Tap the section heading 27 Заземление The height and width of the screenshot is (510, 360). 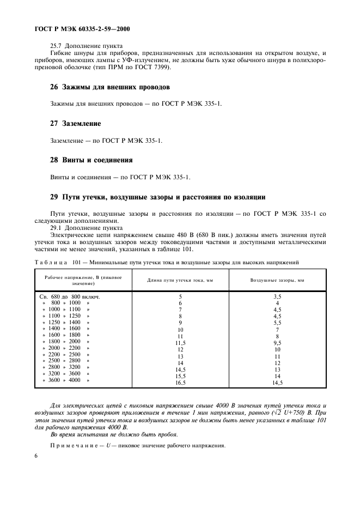[x=75, y=124]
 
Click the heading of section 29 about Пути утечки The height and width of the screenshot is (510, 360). [x=157, y=197]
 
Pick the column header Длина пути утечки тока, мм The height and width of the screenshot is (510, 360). [x=180, y=280]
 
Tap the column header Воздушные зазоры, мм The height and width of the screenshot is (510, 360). [x=277, y=280]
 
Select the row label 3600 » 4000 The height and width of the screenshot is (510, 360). [x=63, y=380]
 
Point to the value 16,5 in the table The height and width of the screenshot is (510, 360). [x=180, y=383]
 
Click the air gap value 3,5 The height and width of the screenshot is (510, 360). [x=277, y=296]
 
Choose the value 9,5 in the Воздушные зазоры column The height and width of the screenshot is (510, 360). [x=277, y=343]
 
